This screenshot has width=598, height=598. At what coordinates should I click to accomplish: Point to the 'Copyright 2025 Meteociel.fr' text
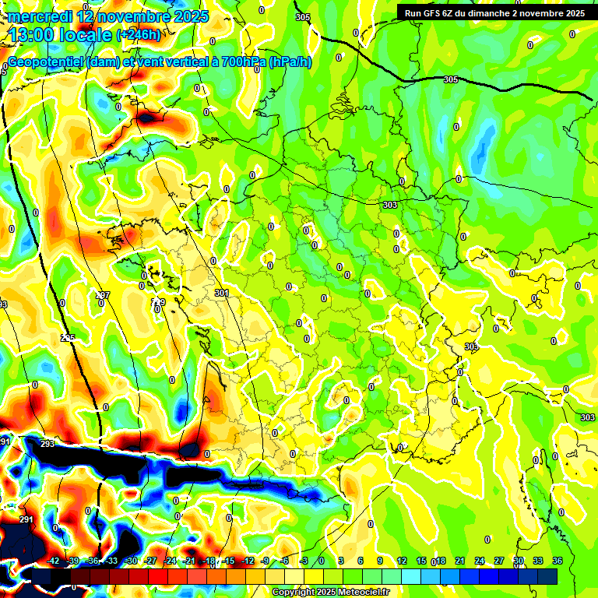(x=330, y=592)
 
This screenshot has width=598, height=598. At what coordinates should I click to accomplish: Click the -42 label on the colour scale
(x=54, y=561)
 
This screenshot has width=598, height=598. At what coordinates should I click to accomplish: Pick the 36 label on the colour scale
(x=558, y=561)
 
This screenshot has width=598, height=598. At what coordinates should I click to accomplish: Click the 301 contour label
(x=222, y=293)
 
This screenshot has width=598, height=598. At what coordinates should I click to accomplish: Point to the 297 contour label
(x=103, y=295)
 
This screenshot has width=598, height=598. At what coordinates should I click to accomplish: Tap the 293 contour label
(x=47, y=445)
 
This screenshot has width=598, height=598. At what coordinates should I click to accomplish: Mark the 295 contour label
(x=68, y=337)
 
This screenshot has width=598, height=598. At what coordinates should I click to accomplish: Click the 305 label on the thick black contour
(x=450, y=80)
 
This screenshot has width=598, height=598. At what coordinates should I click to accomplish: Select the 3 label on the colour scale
(x=341, y=561)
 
